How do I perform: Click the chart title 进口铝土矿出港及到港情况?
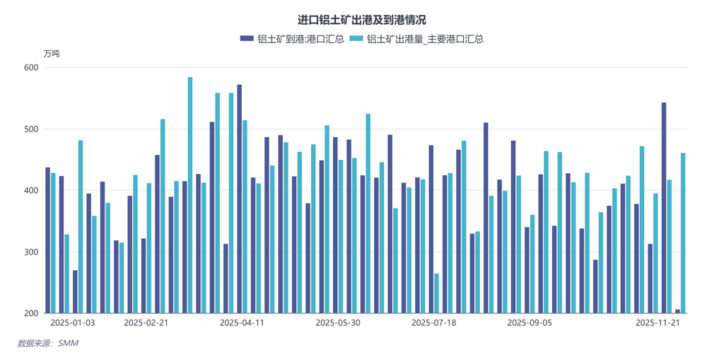tap(361, 20)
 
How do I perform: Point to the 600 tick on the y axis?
tap(30, 68)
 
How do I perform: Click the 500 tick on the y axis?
tap(30, 129)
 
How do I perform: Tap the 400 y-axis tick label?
tap(30, 191)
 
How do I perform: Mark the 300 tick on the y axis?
tap(30, 252)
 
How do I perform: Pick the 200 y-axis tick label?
tap(30, 313)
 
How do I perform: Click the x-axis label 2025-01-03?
tap(73, 323)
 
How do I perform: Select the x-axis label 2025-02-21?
tap(146, 323)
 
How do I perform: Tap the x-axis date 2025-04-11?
tap(242, 323)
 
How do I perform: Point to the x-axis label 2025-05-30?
tap(338, 323)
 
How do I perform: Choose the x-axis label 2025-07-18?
tap(433, 323)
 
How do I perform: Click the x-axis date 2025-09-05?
tap(530, 323)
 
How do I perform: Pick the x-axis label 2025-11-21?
tap(658, 323)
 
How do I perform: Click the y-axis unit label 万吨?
tap(52, 54)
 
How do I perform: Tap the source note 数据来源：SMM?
tap(47, 343)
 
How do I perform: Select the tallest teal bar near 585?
tap(190, 195)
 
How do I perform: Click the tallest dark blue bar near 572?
tap(240, 199)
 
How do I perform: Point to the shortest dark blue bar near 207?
tap(677, 311)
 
